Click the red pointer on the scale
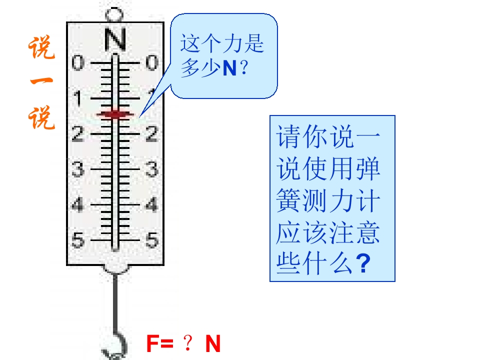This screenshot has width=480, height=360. tap(115, 114)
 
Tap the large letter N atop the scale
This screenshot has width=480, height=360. tap(115, 39)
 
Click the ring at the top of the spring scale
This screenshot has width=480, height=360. tap(114, 14)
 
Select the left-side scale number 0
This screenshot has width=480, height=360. tap(78, 62)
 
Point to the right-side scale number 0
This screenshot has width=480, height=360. tap(152, 62)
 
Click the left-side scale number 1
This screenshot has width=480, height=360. tap(78, 98)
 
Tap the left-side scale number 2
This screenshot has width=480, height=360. tap(78, 134)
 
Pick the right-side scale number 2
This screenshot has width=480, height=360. tap(152, 134)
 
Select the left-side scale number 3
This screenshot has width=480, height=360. tap(78, 169)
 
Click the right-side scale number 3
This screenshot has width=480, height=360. tap(152, 169)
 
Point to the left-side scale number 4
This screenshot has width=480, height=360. tap(78, 204)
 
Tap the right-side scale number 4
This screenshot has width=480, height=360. tap(152, 204)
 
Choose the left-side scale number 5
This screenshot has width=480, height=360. tap(78, 239)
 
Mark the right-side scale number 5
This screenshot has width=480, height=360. tap(152, 239)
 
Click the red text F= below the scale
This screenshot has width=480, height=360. tap(160, 343)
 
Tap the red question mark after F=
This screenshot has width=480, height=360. tap(188, 343)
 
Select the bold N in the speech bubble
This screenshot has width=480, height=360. tap(229, 68)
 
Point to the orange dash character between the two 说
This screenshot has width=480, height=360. tap(41, 81)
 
